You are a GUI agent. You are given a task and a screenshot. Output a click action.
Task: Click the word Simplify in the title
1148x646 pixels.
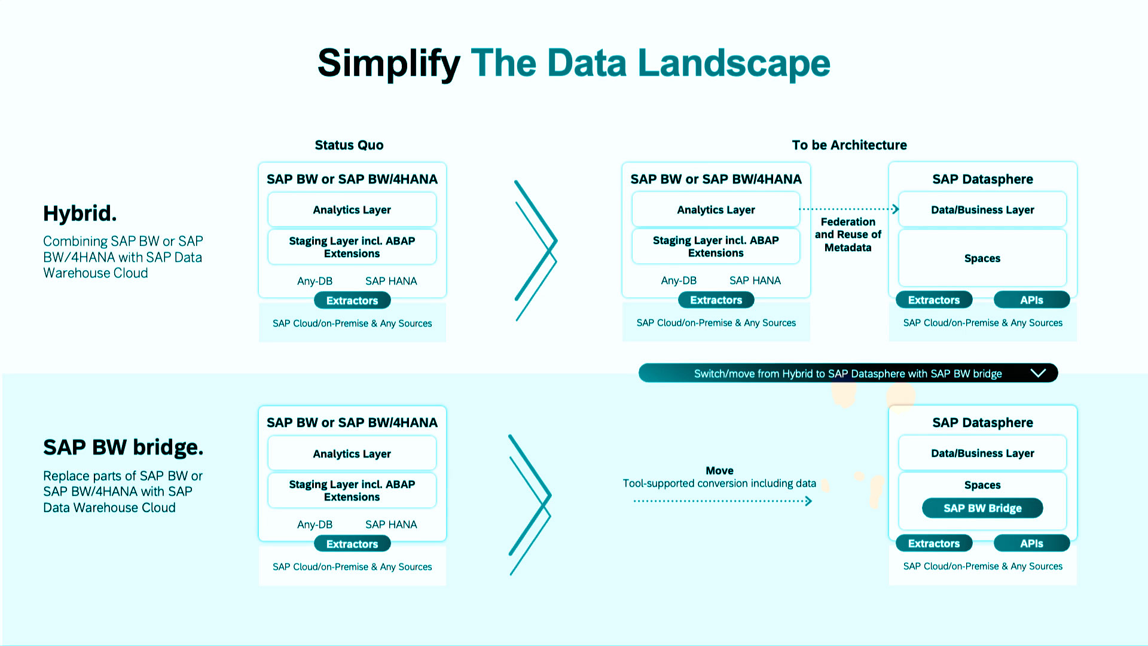[389, 63]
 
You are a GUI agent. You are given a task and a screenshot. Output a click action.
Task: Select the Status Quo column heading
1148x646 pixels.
[349, 145]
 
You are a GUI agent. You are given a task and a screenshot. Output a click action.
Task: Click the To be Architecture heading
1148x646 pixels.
[849, 145]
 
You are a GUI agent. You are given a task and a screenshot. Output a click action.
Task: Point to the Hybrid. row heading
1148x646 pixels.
[80, 213]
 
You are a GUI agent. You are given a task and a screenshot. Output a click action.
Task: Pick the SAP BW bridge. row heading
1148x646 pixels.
[123, 447]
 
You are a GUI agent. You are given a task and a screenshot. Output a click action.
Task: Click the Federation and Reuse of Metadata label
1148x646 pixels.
[848, 234]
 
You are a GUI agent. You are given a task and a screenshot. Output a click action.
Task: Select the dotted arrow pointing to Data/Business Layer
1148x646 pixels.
[848, 209]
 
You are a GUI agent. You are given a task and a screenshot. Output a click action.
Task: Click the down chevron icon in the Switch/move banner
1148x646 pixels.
[1038, 373]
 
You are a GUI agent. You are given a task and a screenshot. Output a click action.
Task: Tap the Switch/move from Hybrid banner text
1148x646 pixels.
[848, 374]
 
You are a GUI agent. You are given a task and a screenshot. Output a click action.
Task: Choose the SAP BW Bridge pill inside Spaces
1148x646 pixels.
[982, 508]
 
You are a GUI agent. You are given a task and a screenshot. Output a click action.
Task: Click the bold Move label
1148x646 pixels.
[719, 470]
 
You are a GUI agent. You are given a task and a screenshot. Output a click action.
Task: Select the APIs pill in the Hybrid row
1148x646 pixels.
[1031, 300]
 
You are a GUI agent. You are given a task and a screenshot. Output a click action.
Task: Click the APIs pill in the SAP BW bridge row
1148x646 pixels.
[1031, 543]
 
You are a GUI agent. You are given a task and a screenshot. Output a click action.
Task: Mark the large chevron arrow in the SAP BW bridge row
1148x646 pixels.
[529, 504]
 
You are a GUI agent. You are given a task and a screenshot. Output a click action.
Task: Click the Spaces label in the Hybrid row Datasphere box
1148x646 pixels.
[982, 258]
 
